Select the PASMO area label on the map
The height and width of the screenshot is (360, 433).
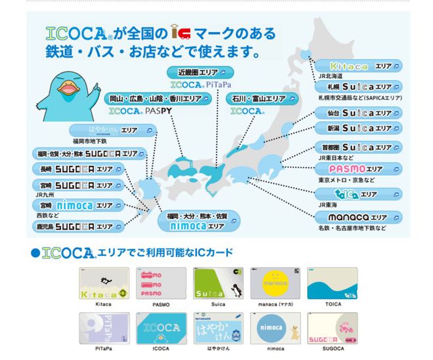click(358, 170)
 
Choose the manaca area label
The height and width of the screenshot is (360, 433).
click(361, 217)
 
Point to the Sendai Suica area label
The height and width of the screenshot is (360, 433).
click(358, 113)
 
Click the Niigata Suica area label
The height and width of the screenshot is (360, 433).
click(358, 127)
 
